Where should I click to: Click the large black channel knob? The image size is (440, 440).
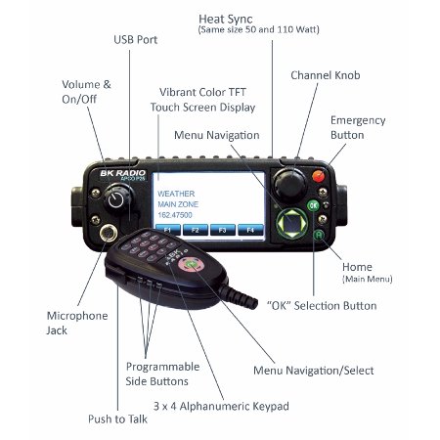point(288,182)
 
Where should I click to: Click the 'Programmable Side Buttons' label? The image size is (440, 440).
point(163,374)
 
